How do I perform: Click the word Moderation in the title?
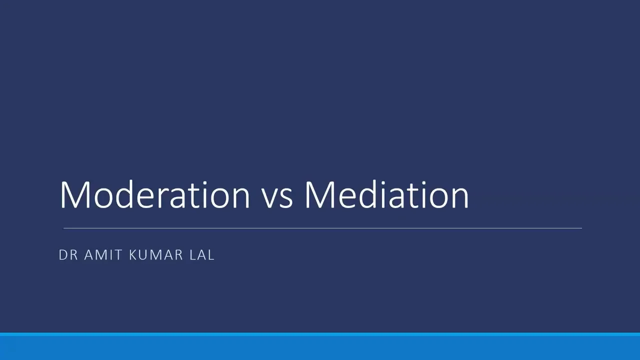(x=154, y=194)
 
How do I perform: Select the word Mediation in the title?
(x=386, y=194)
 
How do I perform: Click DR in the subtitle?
(x=68, y=255)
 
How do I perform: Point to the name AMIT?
(x=103, y=255)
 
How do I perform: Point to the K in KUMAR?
(x=133, y=255)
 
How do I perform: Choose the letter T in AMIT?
(x=118, y=255)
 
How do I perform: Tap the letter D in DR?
(x=63, y=255)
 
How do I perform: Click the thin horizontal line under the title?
(x=322, y=228)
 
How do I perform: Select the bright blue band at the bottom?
(x=320, y=346)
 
